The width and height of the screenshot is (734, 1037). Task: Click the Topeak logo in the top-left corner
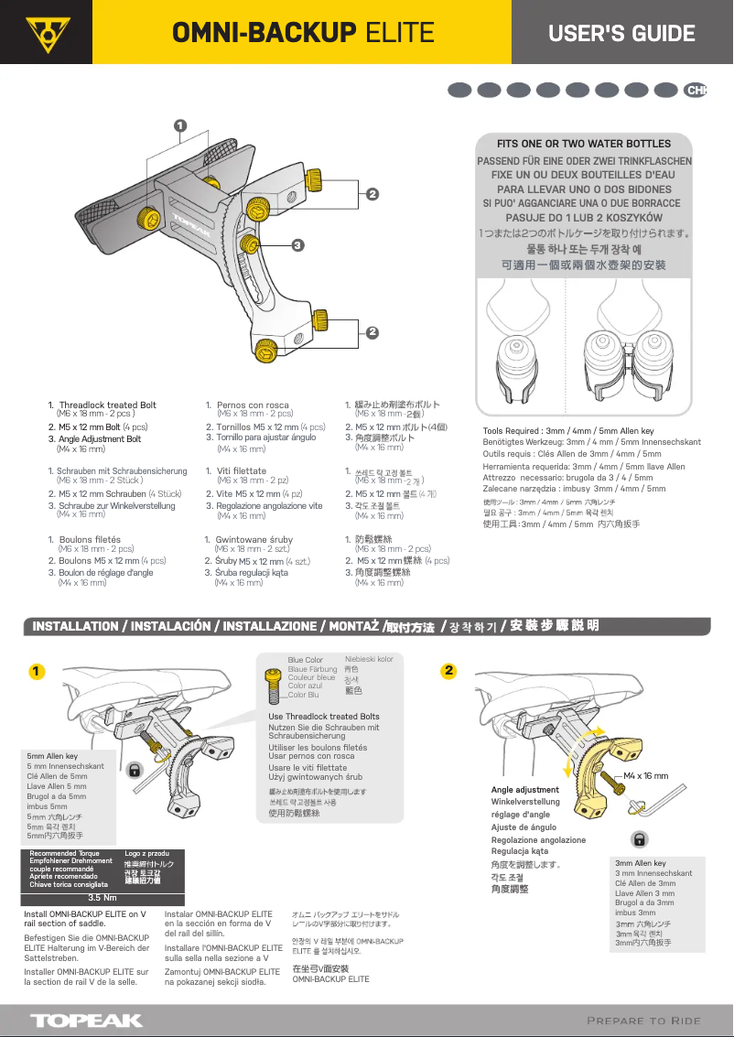click(x=42, y=33)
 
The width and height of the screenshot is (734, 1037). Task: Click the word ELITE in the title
click(x=399, y=34)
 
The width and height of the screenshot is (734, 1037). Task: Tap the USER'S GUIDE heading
click(x=621, y=34)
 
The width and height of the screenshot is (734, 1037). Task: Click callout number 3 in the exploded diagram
click(x=297, y=244)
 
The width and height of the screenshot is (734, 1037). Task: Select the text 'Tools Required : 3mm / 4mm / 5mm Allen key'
click(x=567, y=430)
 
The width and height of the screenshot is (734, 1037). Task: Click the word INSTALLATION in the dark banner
click(x=75, y=626)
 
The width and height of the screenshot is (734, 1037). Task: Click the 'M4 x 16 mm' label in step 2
click(x=645, y=775)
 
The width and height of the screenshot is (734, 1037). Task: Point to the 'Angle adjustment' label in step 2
click(x=524, y=789)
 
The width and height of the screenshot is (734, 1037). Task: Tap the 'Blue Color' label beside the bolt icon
click(x=305, y=660)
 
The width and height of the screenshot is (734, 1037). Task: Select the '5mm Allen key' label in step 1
click(x=52, y=756)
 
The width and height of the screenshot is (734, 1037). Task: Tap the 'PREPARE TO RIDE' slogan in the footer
click(x=643, y=1021)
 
